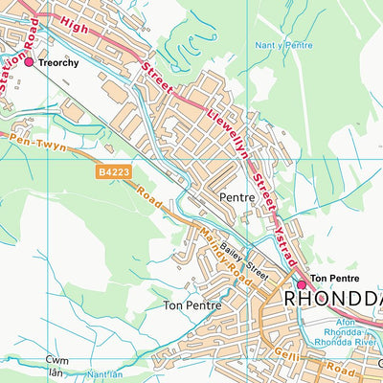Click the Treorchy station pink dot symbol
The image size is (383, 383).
coord(29,62)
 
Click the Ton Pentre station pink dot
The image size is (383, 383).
coord(300,258)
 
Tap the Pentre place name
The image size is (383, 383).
coord(237,198)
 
